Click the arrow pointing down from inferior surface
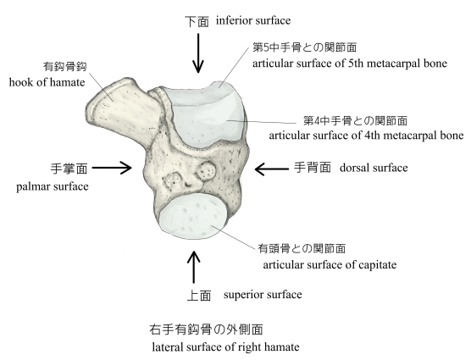(198, 53)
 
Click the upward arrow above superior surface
(193, 267)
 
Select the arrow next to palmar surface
(112, 168)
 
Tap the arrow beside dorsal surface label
(272, 169)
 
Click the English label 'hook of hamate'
(47, 82)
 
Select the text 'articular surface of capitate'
(330, 265)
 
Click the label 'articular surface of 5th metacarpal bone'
(350, 64)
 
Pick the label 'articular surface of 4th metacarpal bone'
(366, 136)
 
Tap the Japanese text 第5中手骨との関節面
(305, 47)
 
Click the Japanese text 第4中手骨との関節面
(355, 120)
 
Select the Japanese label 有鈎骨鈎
(65, 66)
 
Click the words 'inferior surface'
(253, 20)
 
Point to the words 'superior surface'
(263, 295)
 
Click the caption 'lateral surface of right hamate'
(225, 346)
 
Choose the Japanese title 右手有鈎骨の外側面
(206, 330)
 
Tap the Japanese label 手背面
(313, 167)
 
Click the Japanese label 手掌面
(69, 169)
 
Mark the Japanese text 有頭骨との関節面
(302, 248)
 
